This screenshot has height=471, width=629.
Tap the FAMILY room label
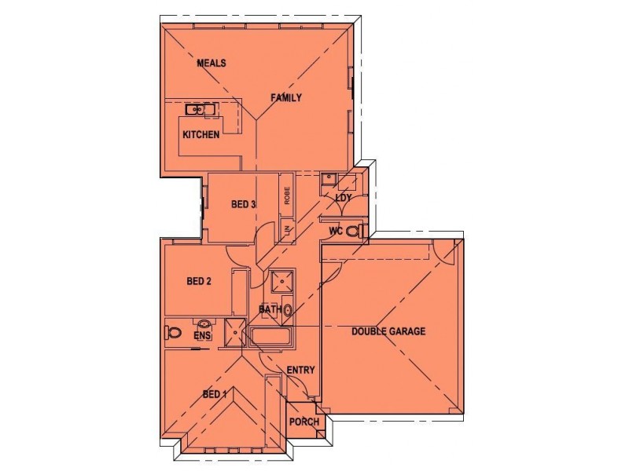pyautogui.click(x=286, y=97)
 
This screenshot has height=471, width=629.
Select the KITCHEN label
pyautogui.click(x=200, y=135)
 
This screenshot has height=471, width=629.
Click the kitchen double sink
pyautogui.click(x=201, y=109)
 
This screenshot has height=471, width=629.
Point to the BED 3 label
pyautogui.click(x=243, y=205)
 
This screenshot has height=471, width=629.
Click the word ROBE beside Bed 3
pyautogui.click(x=287, y=196)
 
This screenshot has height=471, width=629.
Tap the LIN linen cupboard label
pyautogui.click(x=287, y=230)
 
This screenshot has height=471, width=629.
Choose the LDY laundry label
pyautogui.click(x=343, y=198)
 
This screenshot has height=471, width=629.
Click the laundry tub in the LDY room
pyautogui.click(x=329, y=178)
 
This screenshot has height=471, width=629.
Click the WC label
pyautogui.click(x=335, y=231)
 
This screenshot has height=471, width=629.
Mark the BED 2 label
pyautogui.click(x=199, y=281)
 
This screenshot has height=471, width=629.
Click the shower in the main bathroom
pyautogui.click(x=280, y=282)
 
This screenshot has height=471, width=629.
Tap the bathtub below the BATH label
pyautogui.click(x=271, y=338)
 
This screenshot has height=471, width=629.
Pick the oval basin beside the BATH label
pyautogui.click(x=288, y=310)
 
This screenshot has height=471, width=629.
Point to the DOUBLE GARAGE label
pyautogui.click(x=388, y=331)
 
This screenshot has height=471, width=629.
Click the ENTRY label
pyautogui.click(x=300, y=371)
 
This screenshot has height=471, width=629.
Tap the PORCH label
pyautogui.click(x=303, y=422)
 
